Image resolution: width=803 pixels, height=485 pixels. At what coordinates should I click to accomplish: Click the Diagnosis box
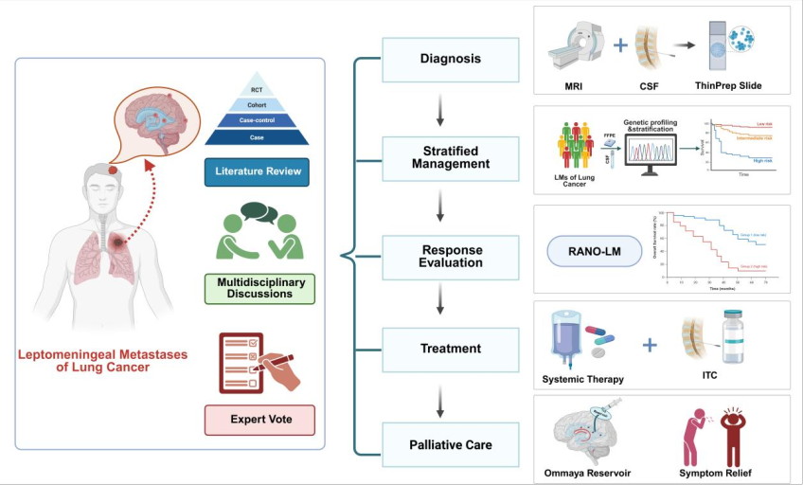[x=450, y=60]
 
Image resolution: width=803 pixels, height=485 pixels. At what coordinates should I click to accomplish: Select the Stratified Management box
[x=450, y=157]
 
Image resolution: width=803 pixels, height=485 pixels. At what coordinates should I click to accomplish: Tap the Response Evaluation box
[x=450, y=256]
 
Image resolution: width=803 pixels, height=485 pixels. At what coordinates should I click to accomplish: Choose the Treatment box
[x=450, y=349]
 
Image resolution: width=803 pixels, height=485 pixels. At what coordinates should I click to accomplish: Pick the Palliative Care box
[x=450, y=443]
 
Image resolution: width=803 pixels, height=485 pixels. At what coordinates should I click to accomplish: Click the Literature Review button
[x=258, y=171]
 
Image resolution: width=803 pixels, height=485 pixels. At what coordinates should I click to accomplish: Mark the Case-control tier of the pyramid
[x=257, y=120]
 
